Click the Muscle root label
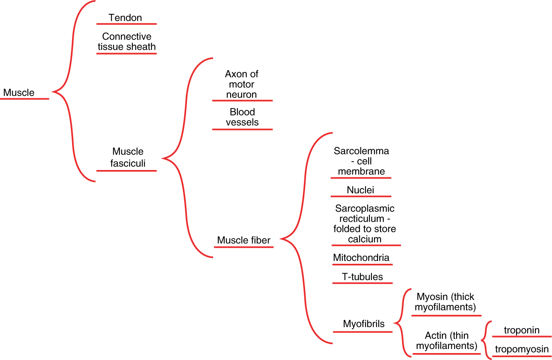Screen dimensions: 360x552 pos(19,93)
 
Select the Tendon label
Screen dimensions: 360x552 pos(125,18)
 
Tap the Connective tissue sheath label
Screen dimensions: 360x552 pos(127,42)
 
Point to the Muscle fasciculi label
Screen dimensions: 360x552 pos(128,157)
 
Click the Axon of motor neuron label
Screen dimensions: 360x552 pos(242,84)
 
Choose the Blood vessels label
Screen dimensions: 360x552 pos(242,117)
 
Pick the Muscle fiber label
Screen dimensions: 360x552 pos(244,240)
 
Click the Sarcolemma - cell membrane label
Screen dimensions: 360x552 pos(361,161)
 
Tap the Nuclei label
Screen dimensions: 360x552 pos(361,190)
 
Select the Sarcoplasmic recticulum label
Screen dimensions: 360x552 pos(365,223)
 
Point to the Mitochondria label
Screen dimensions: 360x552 pos(361,258)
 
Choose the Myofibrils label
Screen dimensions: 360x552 pos(364,324)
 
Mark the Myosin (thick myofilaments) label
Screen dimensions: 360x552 pos(445,302)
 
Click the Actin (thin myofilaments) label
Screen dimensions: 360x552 pos(446,341)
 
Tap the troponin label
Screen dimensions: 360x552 pos(521,330)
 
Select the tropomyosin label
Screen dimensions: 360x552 pos(522,349)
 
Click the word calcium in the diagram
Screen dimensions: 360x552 pos(365,239)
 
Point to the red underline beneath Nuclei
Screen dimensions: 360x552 pos(361,197)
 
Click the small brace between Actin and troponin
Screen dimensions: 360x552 pos(485,340)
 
